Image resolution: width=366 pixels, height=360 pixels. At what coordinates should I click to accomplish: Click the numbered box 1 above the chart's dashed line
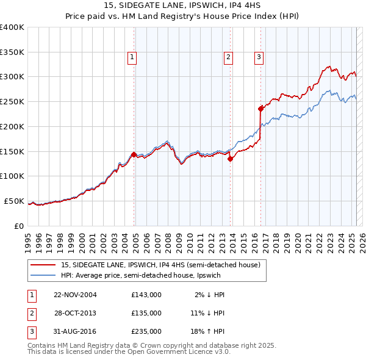(132, 58)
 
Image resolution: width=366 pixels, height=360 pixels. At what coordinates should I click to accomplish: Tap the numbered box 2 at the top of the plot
(228, 58)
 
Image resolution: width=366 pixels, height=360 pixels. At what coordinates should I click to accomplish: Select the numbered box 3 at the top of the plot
(259, 58)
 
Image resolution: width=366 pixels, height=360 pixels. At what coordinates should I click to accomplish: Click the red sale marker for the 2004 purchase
(134, 155)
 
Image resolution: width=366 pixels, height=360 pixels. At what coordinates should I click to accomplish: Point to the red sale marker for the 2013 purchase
(231, 159)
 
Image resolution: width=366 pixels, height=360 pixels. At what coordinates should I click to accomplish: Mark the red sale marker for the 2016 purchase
(261, 109)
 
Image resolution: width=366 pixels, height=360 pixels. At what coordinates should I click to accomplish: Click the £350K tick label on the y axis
(12, 52)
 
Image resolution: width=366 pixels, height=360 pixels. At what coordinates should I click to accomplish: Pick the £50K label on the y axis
(14, 201)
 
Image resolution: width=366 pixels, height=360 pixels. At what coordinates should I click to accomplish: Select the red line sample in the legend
(43, 265)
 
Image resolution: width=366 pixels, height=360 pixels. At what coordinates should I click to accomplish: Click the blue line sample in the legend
(43, 275)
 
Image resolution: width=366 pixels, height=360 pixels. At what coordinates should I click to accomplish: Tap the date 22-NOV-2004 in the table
(76, 295)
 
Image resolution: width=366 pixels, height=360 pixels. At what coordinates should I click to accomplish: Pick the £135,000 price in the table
(146, 312)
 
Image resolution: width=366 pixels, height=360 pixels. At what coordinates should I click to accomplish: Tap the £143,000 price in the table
(146, 295)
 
